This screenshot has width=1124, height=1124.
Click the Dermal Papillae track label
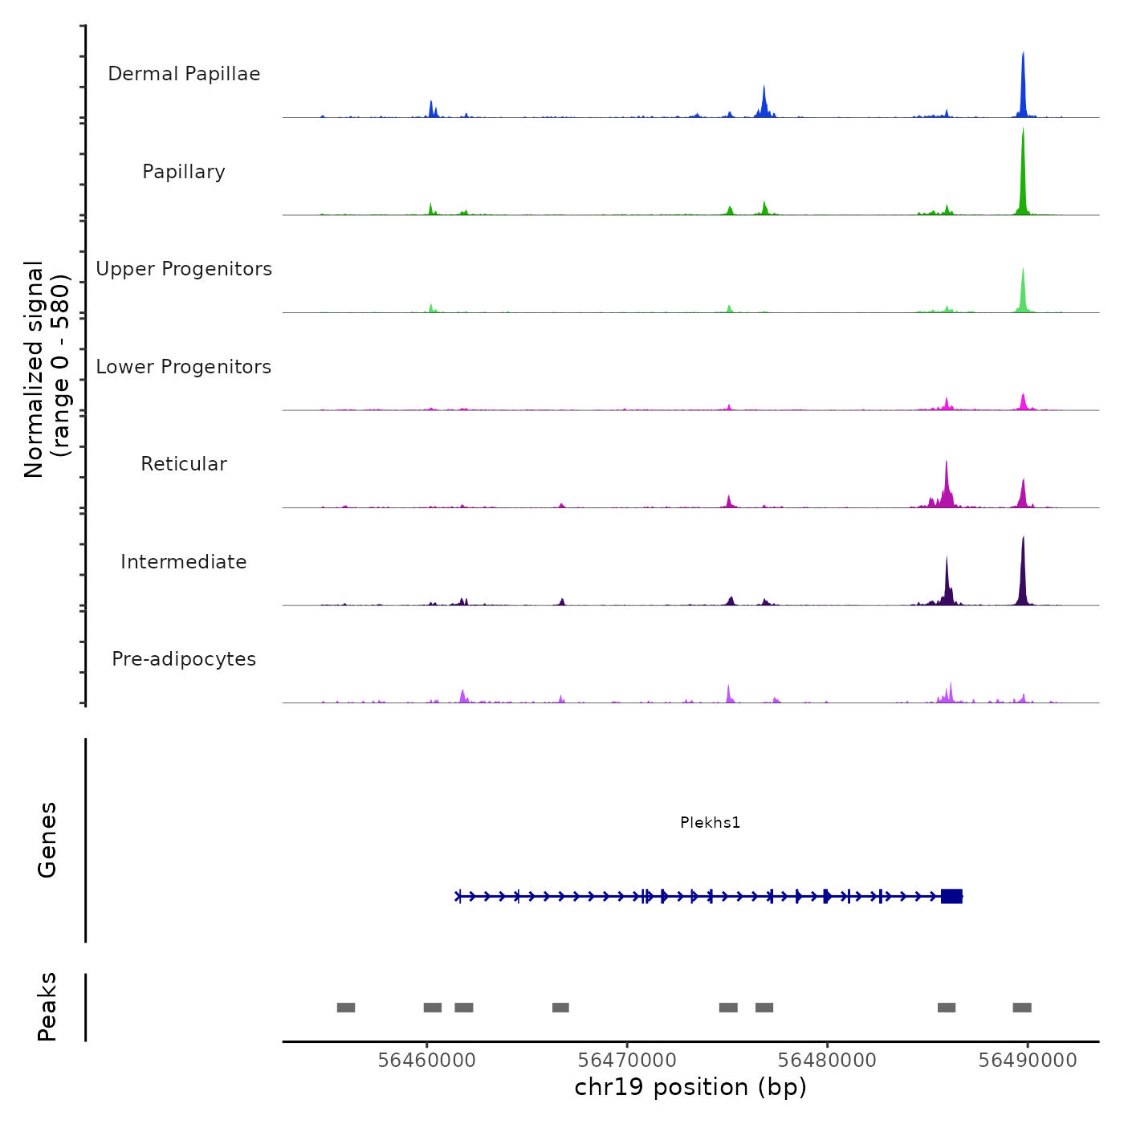pyautogui.click(x=184, y=74)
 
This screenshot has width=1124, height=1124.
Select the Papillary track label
pyautogui.click(x=184, y=172)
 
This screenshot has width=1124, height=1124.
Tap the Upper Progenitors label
pyautogui.click(x=184, y=269)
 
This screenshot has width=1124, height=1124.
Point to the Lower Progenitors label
pyautogui.click(x=184, y=367)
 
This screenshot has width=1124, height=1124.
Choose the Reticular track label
pyautogui.click(x=184, y=464)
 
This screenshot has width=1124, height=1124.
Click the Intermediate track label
pyautogui.click(x=184, y=562)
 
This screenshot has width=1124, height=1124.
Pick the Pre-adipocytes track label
pyautogui.click(x=184, y=659)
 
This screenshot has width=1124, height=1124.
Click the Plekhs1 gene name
pyautogui.click(x=710, y=822)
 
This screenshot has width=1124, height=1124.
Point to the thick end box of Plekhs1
pyautogui.click(x=951, y=896)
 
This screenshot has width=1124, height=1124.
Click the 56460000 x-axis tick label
pyautogui.click(x=426, y=1060)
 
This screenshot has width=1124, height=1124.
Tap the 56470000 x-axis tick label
pyautogui.click(x=627, y=1060)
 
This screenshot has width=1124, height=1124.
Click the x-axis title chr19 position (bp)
pyautogui.click(x=690, y=1087)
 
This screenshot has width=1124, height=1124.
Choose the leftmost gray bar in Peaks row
pyautogui.click(x=346, y=1008)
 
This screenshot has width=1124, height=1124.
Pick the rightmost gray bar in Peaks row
pyautogui.click(x=1022, y=1008)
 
